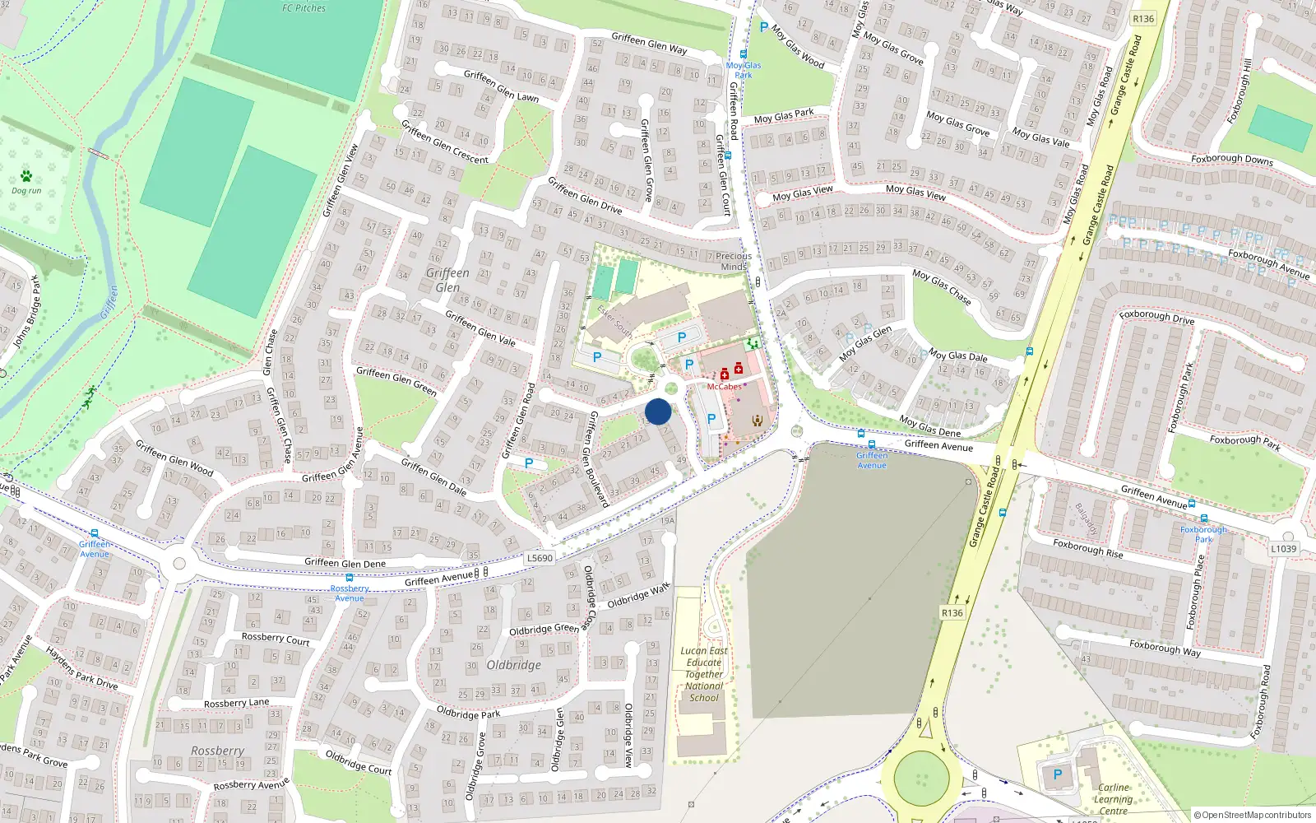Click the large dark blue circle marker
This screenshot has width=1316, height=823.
click(658, 411)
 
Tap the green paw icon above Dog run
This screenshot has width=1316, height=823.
click(26, 176)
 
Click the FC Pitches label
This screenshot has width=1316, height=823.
click(304, 8)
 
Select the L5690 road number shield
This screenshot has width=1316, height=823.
click(540, 558)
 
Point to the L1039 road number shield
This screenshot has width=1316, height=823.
click(1283, 549)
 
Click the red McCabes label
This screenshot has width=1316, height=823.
click(724, 387)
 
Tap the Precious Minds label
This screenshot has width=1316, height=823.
click(734, 261)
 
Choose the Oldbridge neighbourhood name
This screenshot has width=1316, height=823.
click(514, 665)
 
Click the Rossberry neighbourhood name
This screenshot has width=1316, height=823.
click(217, 751)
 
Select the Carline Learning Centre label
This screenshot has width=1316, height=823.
click(1113, 799)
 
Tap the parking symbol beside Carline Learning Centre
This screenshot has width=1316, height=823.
click(1058, 774)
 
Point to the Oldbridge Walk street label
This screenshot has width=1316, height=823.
click(638, 596)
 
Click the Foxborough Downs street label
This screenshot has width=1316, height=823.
click(1231, 159)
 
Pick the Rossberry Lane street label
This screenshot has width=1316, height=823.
click(236, 704)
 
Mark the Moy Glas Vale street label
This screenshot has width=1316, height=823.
click(1040, 137)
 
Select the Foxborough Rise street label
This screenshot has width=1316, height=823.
click(1087, 548)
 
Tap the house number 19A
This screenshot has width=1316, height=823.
click(667, 520)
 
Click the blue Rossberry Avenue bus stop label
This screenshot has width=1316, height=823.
click(350, 593)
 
